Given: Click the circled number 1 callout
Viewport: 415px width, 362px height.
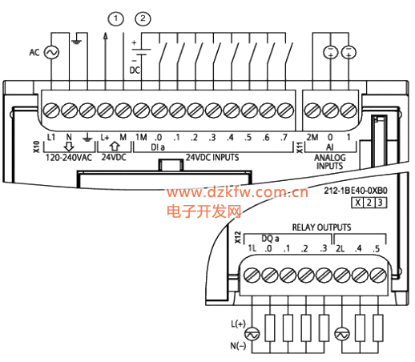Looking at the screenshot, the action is tap(115, 18).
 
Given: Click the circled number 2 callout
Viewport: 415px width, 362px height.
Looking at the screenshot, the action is tap(143, 18).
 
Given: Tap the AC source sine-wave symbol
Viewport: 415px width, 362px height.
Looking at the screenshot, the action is tap(51, 52).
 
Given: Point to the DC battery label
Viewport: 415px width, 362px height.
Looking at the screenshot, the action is tap(135, 70).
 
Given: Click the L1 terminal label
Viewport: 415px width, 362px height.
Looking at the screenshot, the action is tap(51, 137).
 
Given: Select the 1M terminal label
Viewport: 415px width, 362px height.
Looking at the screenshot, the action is tap(141, 137).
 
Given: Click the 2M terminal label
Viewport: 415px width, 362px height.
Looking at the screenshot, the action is tap(312, 137).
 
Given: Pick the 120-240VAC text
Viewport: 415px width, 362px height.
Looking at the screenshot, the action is tap(69, 158).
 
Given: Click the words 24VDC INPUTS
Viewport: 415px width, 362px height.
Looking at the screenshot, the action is tap(212, 157).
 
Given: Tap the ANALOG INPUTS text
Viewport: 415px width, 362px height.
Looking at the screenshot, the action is tap(330, 162).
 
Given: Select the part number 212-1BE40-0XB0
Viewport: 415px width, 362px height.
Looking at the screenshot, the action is tap(356, 191).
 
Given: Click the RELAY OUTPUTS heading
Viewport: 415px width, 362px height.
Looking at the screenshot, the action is tap(321, 227).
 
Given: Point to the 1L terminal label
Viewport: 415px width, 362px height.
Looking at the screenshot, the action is tap(252, 248).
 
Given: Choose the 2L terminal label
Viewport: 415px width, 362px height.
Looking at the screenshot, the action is tap(340, 248).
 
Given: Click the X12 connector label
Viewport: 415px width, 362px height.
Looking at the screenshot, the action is tap(238, 237).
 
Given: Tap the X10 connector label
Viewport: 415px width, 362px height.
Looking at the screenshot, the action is tap(36, 147).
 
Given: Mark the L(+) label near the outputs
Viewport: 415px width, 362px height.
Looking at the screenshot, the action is tap(238, 324).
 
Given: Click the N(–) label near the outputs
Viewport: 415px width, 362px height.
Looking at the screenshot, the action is tap(238, 346).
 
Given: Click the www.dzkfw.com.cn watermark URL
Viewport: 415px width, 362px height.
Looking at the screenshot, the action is tap(237, 192).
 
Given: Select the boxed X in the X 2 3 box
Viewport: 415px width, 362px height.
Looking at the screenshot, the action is tap(357, 203).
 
